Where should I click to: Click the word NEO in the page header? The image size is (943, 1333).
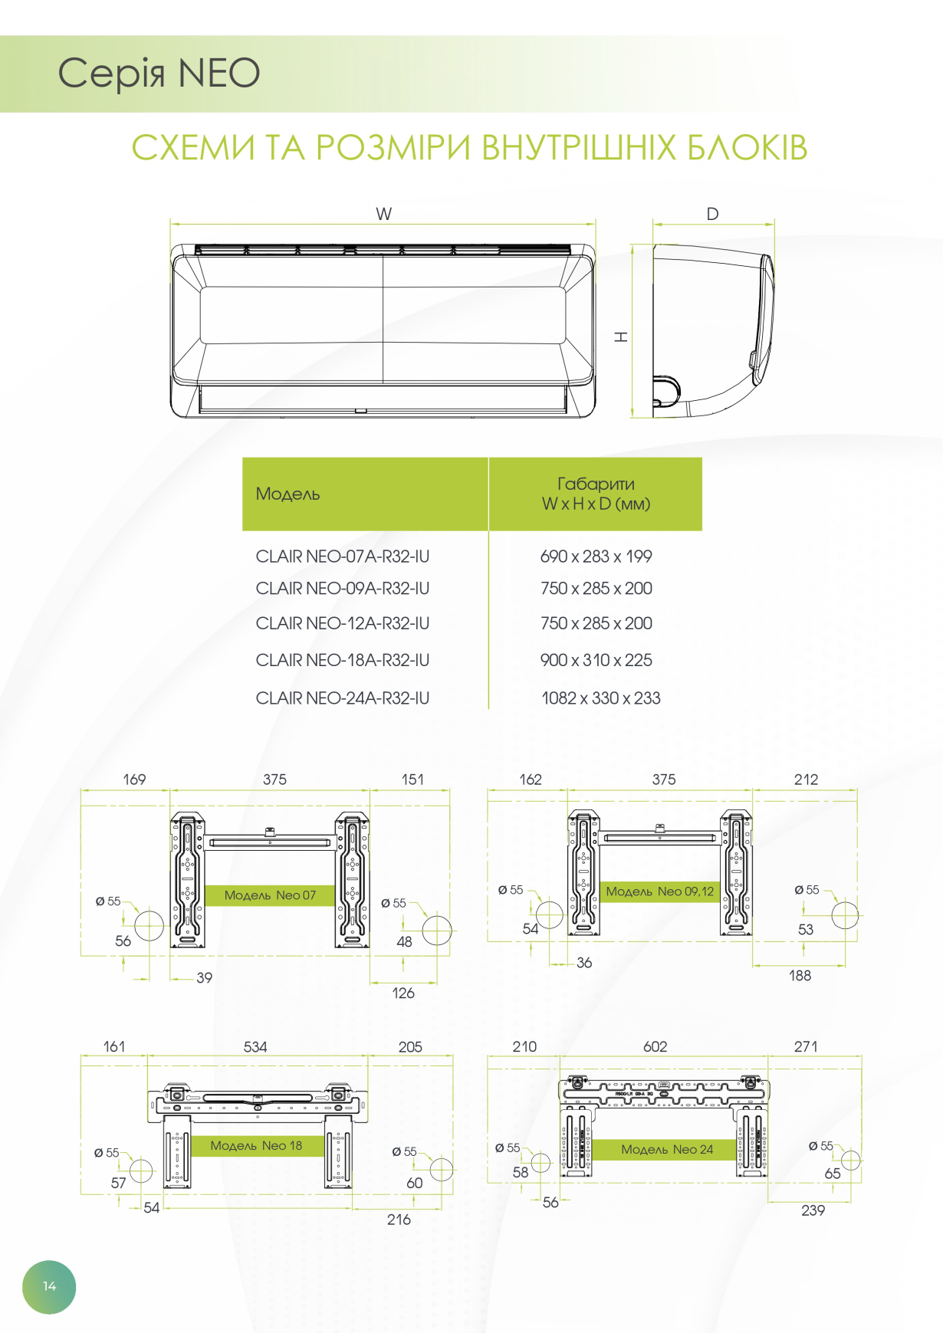(x=219, y=74)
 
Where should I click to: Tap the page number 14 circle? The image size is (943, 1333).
(x=49, y=1287)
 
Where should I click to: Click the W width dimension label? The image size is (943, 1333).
(x=384, y=214)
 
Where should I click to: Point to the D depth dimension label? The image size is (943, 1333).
(x=713, y=214)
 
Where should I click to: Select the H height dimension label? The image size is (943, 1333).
(x=621, y=337)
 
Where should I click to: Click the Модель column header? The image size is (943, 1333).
(x=287, y=494)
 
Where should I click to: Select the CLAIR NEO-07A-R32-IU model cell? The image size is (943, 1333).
(x=343, y=557)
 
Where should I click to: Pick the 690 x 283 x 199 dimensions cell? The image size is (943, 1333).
(x=596, y=557)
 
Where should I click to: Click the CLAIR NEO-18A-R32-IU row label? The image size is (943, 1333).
(x=343, y=660)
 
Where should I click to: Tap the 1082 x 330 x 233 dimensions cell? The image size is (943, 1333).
(x=601, y=698)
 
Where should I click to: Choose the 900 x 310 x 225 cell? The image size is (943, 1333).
(x=596, y=660)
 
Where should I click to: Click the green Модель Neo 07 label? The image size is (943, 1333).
(x=270, y=895)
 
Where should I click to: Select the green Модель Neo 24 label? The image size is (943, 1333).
(x=667, y=1149)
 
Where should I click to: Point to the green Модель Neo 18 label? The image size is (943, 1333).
(x=256, y=1146)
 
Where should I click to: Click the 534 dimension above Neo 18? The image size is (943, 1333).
(x=255, y=1047)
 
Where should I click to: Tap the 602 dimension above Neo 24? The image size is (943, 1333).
(x=655, y=1047)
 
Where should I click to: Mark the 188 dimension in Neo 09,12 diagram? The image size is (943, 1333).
(x=800, y=976)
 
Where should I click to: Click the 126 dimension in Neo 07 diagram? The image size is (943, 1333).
(x=403, y=993)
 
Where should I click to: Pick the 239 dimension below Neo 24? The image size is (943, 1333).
(x=813, y=1211)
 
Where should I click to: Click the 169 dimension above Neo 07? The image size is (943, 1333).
(x=134, y=780)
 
